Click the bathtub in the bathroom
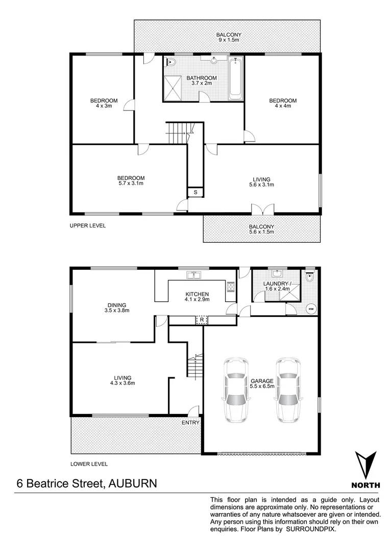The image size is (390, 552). coord(235,79)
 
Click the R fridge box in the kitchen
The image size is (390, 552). coord(203,320)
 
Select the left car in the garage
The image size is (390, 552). coord(235,390)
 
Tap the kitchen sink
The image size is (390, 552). coord(193,275)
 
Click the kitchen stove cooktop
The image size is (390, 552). coord(230,288)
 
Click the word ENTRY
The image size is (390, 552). coord(190,423)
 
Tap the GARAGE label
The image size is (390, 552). coord(262,381)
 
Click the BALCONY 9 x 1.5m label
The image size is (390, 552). coord(228,37)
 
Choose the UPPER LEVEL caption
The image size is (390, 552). coord(87,225)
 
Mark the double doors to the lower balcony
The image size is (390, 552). coord(262,209)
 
